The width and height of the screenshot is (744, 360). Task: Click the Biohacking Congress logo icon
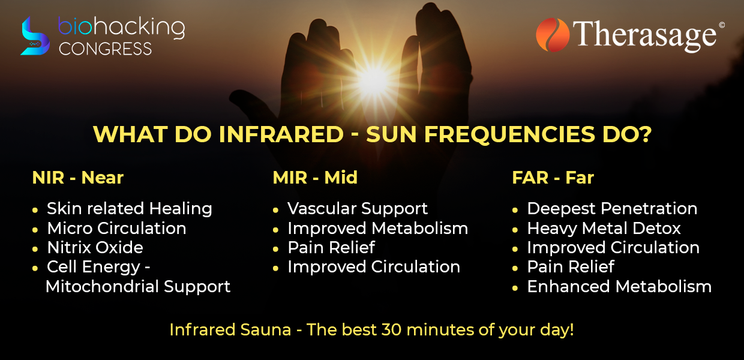[x=35, y=36]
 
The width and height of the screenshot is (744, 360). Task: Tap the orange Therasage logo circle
[x=553, y=35]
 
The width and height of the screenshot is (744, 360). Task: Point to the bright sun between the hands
[x=373, y=80]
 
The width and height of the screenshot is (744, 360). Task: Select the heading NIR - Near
[x=78, y=178]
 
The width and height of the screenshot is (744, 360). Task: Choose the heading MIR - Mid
[x=315, y=178]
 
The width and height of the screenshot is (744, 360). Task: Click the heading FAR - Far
[x=553, y=178]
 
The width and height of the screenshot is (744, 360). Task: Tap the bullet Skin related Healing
[x=129, y=209]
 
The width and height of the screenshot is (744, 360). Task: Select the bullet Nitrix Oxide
[x=95, y=247]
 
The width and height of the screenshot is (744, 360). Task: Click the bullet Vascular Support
[x=358, y=209]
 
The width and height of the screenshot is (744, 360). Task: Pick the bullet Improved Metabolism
[x=377, y=229]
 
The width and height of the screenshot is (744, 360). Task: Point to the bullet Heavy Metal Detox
[x=604, y=229]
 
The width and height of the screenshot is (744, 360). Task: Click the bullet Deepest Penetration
[x=612, y=209]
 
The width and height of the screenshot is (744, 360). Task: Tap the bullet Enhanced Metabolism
[x=619, y=286]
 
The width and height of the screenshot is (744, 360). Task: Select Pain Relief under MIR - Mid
[x=331, y=247]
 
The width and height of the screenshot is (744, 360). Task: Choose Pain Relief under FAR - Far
[x=571, y=266]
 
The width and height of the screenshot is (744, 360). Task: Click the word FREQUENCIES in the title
[x=509, y=134]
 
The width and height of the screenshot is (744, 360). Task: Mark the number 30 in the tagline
[x=391, y=330]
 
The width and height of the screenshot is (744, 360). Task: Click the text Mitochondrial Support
[x=138, y=287]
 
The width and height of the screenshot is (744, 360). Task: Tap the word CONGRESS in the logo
[x=105, y=49]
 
